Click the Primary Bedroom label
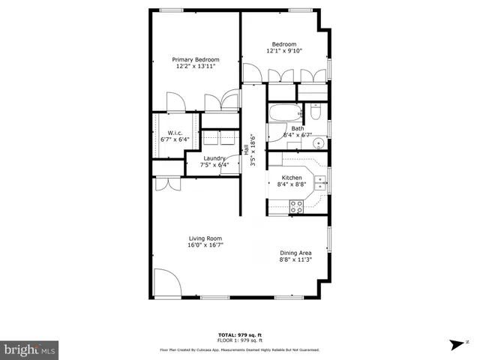[x=196, y=59]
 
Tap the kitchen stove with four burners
[x=295, y=206]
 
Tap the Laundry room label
[x=214, y=158]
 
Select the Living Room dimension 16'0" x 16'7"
[x=205, y=244]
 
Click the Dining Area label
[x=295, y=253]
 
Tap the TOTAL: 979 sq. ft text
[x=240, y=334]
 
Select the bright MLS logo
[x=29, y=349]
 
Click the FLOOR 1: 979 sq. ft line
[x=240, y=340]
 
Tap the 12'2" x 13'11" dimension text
[x=196, y=67]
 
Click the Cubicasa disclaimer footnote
[x=240, y=349]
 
